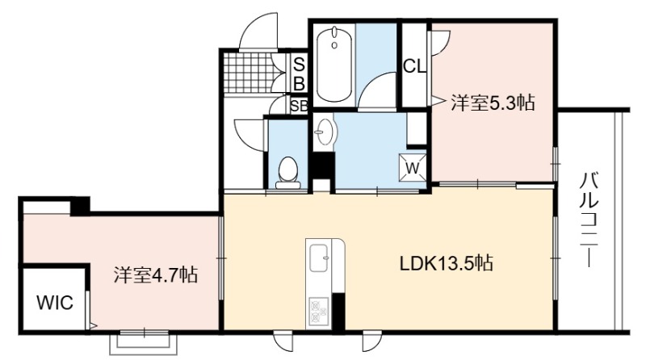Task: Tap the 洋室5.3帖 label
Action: point(493,103)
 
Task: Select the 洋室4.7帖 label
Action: point(156,274)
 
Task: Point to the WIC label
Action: point(55,303)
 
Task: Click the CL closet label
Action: point(414,66)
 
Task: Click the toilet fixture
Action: point(287,173)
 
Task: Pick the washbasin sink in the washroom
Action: point(325,132)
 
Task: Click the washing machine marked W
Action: point(413,168)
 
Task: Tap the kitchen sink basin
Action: point(319,258)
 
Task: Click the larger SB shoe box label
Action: point(299,74)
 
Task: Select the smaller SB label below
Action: point(299,107)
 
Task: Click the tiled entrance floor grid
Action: point(248,73)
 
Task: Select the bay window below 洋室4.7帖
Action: point(144,342)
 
